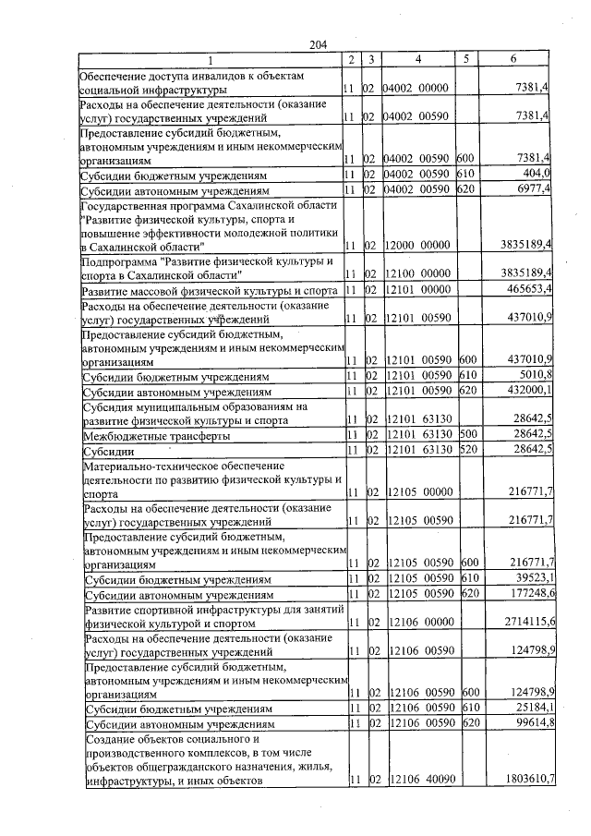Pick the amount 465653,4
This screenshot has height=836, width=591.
527,290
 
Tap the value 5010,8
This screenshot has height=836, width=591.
534,377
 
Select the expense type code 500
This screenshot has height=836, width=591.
468,434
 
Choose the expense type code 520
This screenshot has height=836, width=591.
468,450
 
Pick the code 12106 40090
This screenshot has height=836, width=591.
420,781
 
